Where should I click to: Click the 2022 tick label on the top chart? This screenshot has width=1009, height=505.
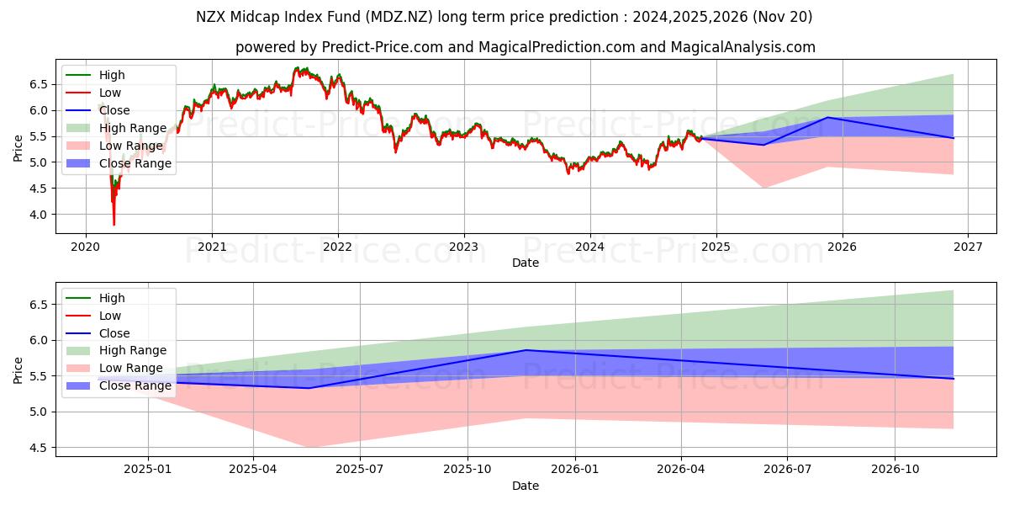pyautogui.click(x=338, y=247)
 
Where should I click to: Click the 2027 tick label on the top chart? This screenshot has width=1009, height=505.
pyautogui.click(x=968, y=247)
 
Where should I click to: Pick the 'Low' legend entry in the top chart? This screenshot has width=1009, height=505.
pyautogui.click(x=110, y=93)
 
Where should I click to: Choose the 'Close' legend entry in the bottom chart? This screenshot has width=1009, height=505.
pyautogui.click(x=114, y=333)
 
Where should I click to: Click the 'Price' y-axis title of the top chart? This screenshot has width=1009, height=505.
pyautogui.click(x=18, y=147)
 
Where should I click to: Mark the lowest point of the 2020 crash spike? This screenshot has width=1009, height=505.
pyautogui.click(x=114, y=225)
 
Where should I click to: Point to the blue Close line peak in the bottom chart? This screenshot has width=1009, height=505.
pyautogui.click(x=526, y=350)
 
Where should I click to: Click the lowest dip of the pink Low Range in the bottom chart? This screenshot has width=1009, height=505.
pyautogui.click(x=309, y=447)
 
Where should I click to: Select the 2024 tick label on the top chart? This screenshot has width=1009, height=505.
pyautogui.click(x=589, y=247)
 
